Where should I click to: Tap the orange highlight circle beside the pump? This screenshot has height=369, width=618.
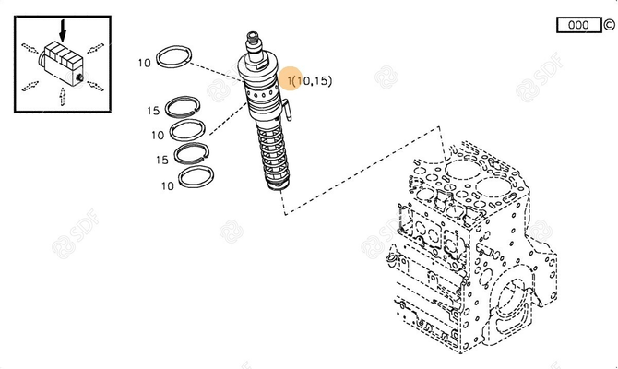click(x=291, y=80)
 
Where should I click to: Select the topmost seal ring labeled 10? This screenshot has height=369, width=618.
click(x=175, y=58)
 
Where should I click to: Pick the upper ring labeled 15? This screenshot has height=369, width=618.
click(x=188, y=108)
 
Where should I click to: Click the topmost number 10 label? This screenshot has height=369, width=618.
click(x=144, y=64)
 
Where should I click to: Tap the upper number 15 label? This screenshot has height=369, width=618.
click(x=153, y=111)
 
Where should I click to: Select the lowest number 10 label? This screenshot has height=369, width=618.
click(x=167, y=185)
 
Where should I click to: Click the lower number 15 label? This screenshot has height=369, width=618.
click(x=161, y=160)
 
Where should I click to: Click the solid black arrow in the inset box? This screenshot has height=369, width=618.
click(x=63, y=36)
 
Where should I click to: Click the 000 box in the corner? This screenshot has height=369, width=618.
click(x=578, y=25)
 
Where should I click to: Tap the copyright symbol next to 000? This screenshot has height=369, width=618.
click(x=608, y=25)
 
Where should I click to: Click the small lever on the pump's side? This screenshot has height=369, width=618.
click(x=286, y=112)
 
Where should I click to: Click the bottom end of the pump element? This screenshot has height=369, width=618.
click(x=277, y=188)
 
